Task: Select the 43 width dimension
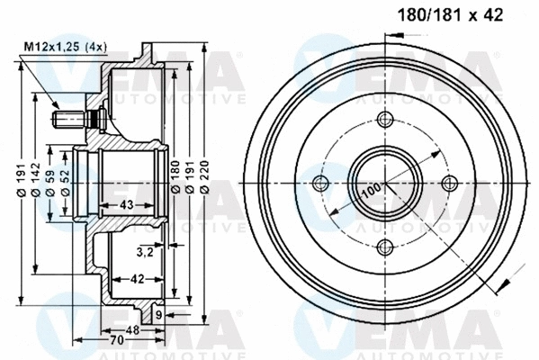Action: click(126, 206)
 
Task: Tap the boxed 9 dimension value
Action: click(158, 314)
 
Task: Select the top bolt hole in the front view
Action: click(385, 121)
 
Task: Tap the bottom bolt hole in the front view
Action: click(385, 247)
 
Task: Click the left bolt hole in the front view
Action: click(321, 184)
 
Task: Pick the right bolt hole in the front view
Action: click(448, 184)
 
